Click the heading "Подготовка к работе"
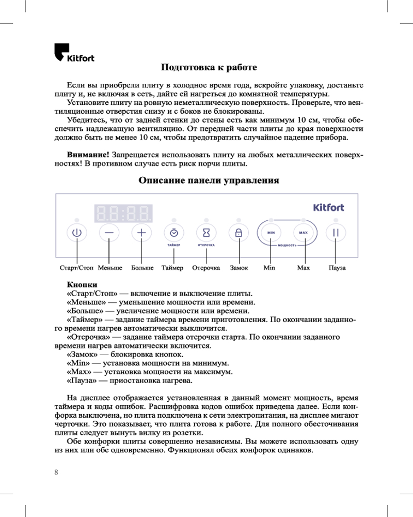pos(209,68)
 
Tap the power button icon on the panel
pos(77,233)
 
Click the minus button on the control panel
pos(109,233)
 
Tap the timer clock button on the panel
pos(174,233)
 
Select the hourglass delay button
pos(206,233)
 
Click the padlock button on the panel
pos(239,233)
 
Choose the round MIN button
pos(271,233)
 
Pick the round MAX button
pos(304,233)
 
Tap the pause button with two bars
pos(336,233)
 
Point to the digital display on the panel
pos(124,212)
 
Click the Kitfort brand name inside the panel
pos(328,207)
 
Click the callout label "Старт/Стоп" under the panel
pos(76,268)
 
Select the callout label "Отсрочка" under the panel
pos(206,268)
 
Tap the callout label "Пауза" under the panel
pos(337,268)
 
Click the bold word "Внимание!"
pos(88,155)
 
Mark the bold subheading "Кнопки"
pos(82,285)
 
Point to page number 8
pos(56,472)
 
